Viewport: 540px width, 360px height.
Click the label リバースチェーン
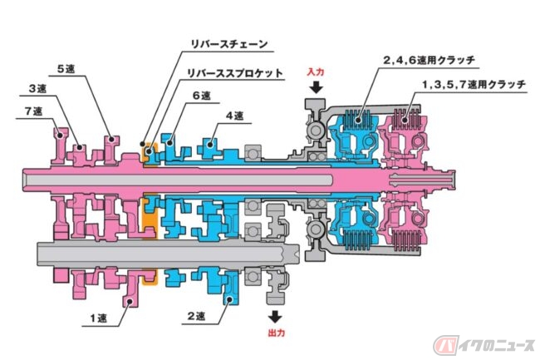(228, 42)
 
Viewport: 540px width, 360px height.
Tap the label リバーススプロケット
(236, 73)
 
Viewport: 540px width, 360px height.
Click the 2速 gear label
(196, 316)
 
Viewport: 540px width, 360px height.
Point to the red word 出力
(276, 331)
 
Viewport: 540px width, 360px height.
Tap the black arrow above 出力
(276, 316)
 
